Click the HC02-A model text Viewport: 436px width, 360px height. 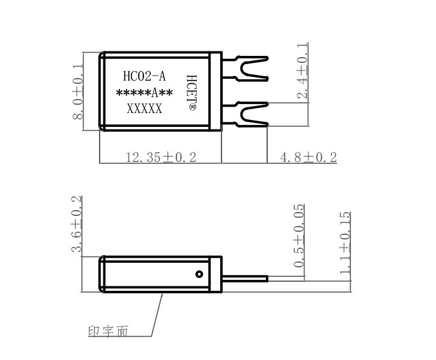click(144, 77)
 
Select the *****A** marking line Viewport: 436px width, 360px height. click(144, 93)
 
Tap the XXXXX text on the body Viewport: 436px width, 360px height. click(144, 109)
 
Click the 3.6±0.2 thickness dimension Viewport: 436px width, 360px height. click(77, 226)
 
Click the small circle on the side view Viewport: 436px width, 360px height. click(199, 274)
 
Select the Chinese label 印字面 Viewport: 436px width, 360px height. click(107, 331)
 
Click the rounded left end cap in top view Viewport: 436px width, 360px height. click(102, 91)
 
